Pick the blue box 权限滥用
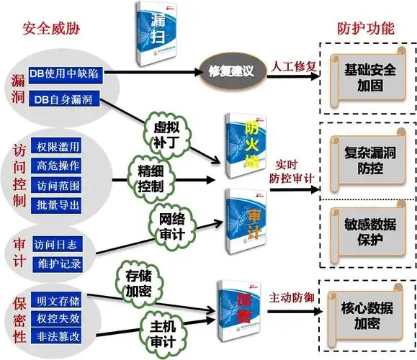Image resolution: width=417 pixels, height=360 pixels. [58, 147]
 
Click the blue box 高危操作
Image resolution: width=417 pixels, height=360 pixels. [58, 166]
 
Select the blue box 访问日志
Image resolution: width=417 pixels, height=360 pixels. [58, 243]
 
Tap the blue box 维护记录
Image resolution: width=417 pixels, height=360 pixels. [58, 264]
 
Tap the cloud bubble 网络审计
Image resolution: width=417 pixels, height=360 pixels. [172, 226]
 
